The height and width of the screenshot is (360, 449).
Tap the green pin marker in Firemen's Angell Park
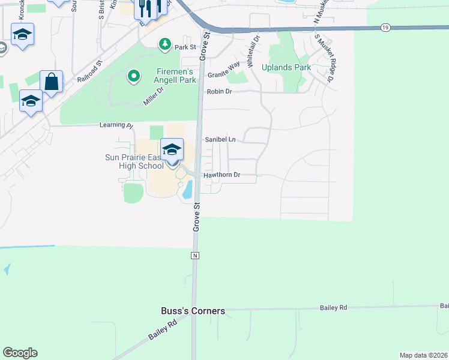pyautogui.click(x=133, y=77)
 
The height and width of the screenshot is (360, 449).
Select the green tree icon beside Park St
pyautogui.click(x=164, y=44)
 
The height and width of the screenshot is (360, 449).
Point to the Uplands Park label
pyautogui.click(x=286, y=68)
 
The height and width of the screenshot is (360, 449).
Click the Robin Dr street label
pyautogui.click(x=219, y=92)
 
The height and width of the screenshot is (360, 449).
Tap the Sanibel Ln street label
pyautogui.click(x=220, y=139)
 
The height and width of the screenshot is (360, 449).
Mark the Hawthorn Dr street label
pyautogui.click(x=221, y=175)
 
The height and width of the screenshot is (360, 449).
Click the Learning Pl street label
pyautogui.click(x=116, y=125)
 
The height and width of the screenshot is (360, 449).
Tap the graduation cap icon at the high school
pyautogui.click(x=172, y=149)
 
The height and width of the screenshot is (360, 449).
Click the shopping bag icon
pyautogui.click(x=52, y=82)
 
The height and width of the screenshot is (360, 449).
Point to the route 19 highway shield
pyautogui.click(x=385, y=27)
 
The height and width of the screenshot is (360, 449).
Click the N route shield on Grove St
pyautogui.click(x=194, y=256)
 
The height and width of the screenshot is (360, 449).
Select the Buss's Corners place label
pyautogui.click(x=193, y=311)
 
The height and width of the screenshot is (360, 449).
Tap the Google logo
pyautogui.click(x=19, y=353)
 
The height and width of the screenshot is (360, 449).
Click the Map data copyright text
pyautogui.click(x=423, y=355)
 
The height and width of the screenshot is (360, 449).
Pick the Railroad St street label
pyautogui.click(x=91, y=70)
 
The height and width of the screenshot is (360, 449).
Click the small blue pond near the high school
pyautogui.click(x=187, y=190)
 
